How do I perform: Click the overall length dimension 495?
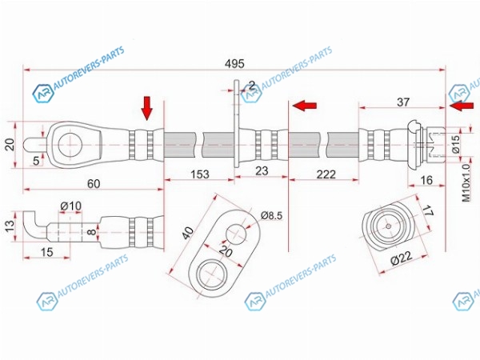click(234, 64)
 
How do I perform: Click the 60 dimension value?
click(94, 184)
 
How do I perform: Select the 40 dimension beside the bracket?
click(189, 234)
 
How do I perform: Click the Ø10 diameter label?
click(71, 206)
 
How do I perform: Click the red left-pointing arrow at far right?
click(462, 105)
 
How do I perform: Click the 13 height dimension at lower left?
click(9, 225)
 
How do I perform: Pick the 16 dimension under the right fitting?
click(427, 180)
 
